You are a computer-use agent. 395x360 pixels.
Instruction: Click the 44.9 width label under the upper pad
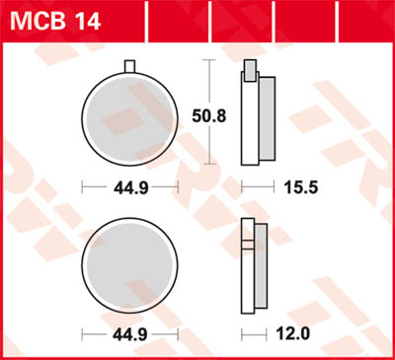coord(129,185)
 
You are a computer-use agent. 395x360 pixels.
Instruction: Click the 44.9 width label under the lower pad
coord(129,335)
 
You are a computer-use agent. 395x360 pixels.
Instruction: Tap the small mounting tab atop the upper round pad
coord(129,66)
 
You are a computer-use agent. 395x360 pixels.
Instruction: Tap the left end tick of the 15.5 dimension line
coord(243,185)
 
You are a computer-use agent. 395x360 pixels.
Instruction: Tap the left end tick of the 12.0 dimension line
coord(243,335)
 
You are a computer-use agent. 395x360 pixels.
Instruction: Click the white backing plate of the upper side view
coord(248,123)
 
